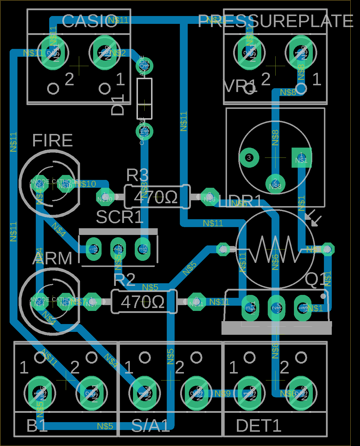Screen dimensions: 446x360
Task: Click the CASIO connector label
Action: click(x=90, y=21)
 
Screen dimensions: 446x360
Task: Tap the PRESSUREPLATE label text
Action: click(x=275, y=21)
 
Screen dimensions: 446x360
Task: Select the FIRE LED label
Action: click(x=52, y=140)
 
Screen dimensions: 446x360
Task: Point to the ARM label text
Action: click(x=52, y=259)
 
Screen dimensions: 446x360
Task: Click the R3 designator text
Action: click(x=137, y=175)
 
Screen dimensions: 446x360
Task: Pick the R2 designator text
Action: click(x=124, y=279)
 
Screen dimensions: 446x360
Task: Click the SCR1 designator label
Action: click(x=120, y=217)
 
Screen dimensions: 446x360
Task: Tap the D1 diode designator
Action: click(x=118, y=105)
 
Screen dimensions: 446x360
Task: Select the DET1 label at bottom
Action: click(x=258, y=426)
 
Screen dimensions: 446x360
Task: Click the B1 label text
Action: click(x=37, y=426)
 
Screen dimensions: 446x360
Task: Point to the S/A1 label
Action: click(x=150, y=426)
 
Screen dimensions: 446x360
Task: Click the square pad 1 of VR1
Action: click(x=302, y=158)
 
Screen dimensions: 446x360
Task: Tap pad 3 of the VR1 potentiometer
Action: click(x=249, y=157)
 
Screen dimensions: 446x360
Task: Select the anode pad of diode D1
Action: click(x=144, y=66)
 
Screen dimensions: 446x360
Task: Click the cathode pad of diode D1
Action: click(x=144, y=131)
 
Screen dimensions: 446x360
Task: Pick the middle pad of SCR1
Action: click(x=118, y=249)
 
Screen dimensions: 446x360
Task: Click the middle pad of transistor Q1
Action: click(x=276, y=308)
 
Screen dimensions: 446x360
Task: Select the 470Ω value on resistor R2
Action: click(x=143, y=302)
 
